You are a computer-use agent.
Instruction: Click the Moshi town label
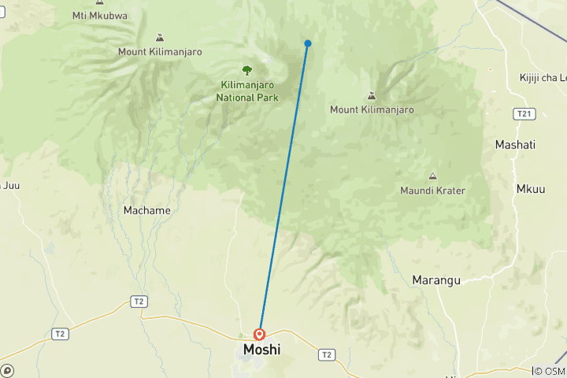click(x=262, y=350)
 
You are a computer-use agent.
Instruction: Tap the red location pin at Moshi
click(x=259, y=334)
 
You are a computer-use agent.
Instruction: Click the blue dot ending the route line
click(x=308, y=43)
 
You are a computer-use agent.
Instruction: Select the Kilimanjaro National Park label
click(x=246, y=91)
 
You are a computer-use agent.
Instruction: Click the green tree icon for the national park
click(x=246, y=70)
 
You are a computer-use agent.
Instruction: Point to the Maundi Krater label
click(x=432, y=191)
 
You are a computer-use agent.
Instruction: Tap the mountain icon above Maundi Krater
click(x=432, y=176)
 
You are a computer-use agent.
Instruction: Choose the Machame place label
click(x=146, y=210)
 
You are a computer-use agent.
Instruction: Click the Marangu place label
click(x=436, y=280)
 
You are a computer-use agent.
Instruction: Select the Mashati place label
click(x=515, y=145)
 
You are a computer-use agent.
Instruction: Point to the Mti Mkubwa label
click(x=99, y=15)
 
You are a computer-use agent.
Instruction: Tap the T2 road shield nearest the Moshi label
click(x=326, y=355)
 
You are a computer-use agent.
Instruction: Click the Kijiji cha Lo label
click(x=543, y=77)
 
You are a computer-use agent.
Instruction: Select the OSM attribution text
click(x=549, y=371)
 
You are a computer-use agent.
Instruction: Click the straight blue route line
click(x=283, y=189)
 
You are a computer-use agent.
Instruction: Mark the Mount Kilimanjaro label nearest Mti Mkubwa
click(x=160, y=52)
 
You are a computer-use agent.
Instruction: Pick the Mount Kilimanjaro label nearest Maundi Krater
click(x=372, y=110)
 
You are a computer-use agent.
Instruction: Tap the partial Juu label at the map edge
click(x=9, y=186)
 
